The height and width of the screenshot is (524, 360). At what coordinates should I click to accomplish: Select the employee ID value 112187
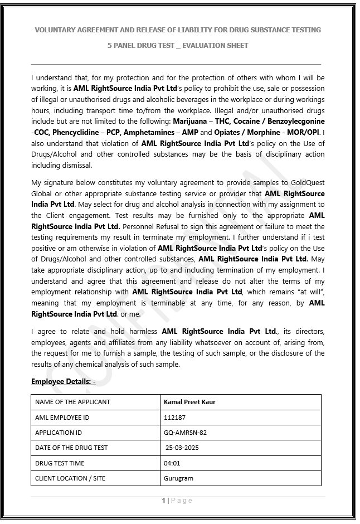click(x=173, y=417)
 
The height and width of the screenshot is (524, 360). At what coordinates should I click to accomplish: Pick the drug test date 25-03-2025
click(x=182, y=448)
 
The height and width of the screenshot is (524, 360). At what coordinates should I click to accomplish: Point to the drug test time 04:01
click(x=172, y=463)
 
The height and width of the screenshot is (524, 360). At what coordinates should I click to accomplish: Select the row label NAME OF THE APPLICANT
click(x=72, y=402)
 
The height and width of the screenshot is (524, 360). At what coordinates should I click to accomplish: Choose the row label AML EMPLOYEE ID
click(x=62, y=417)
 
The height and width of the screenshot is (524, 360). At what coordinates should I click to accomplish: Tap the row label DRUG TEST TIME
click(x=60, y=463)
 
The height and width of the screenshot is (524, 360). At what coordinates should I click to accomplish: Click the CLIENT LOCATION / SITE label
click(x=70, y=478)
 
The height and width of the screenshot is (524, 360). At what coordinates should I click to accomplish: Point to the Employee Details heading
click(x=63, y=381)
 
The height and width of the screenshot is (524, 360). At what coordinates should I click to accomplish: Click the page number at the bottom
click(x=164, y=501)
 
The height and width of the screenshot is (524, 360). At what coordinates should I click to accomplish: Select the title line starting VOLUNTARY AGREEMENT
click(x=178, y=30)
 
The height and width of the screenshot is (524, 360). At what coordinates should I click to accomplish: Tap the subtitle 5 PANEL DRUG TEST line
click(x=178, y=45)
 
